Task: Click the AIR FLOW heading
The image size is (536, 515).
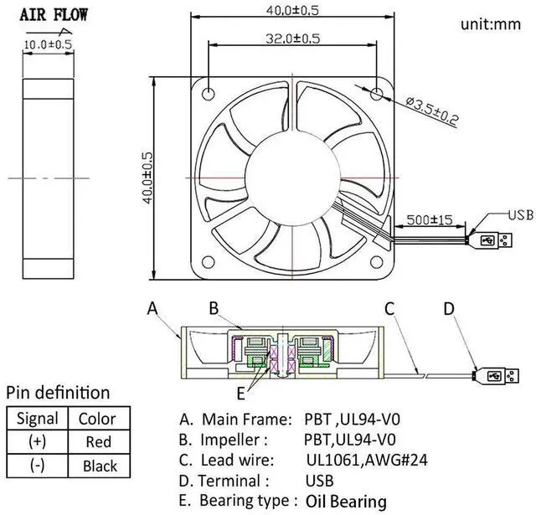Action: (54, 15)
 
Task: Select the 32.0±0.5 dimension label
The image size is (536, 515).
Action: (293, 39)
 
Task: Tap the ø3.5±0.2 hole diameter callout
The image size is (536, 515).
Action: (432, 111)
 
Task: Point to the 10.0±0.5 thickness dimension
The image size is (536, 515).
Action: (49, 44)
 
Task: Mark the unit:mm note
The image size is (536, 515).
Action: (491, 24)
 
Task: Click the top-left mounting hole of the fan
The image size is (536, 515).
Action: (209, 93)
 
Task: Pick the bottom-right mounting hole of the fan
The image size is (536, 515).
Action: (376, 262)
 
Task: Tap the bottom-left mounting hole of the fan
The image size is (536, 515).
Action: (209, 262)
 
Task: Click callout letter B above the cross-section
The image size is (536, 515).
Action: (214, 308)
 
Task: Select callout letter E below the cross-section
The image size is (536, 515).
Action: (241, 394)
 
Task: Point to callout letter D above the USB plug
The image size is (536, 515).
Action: (449, 309)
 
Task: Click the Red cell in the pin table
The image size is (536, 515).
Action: (99, 441)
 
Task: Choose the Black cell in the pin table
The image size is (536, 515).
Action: (100, 466)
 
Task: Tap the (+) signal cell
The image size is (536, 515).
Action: (37, 441)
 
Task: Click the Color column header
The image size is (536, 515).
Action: (97, 419)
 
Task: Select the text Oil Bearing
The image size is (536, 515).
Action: (346, 502)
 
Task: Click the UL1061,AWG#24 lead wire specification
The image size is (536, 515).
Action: (367, 460)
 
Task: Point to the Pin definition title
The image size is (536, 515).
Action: (58, 393)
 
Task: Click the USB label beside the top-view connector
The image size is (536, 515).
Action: (521, 215)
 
